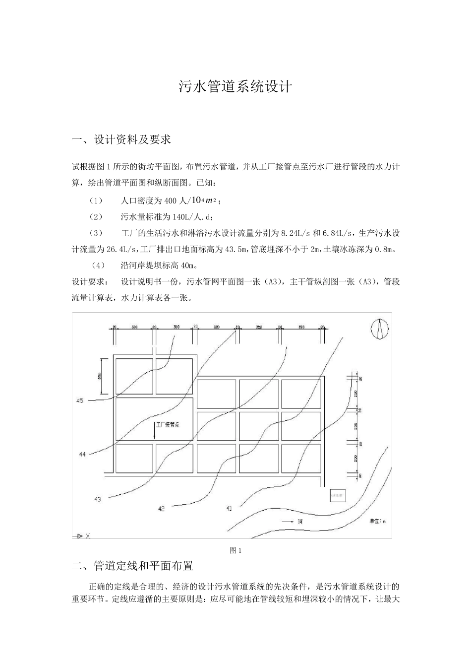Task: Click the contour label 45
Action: click(80, 400)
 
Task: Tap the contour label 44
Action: click(82, 454)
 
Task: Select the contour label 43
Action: click(98, 499)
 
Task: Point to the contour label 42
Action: click(162, 509)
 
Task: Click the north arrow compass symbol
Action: click(380, 329)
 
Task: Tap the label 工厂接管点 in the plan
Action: click(168, 425)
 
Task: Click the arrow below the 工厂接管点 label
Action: click(154, 432)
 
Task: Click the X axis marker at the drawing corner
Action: click(82, 536)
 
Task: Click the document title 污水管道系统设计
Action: click(235, 87)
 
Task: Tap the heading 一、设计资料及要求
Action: click(121, 140)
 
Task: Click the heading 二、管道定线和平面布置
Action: click(132, 566)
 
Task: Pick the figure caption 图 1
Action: click(235, 550)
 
